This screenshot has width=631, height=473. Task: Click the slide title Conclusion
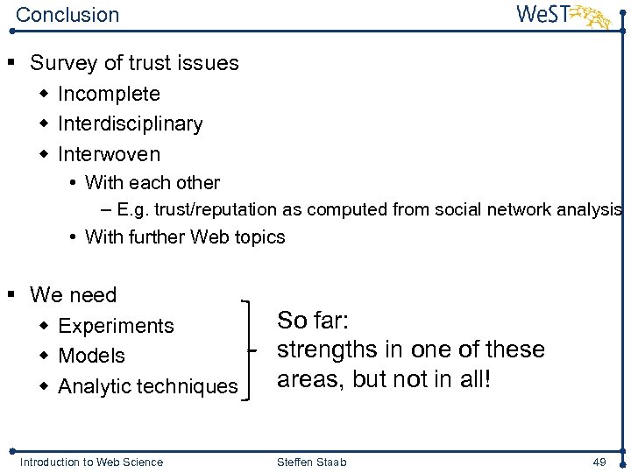coord(67,15)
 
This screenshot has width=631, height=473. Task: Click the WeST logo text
coord(544,14)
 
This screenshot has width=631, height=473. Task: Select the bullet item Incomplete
coord(109,94)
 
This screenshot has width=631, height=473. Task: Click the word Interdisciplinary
coord(130,124)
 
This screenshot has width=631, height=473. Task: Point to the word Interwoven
coord(109,154)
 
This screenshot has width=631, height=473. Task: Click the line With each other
coord(152,183)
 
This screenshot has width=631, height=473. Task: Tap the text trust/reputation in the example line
coord(216,209)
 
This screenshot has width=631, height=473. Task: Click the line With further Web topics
coord(184,236)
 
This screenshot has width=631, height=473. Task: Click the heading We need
coord(73,295)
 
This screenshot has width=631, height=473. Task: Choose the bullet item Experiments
coord(116,326)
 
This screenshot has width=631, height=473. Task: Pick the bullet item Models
coord(91,356)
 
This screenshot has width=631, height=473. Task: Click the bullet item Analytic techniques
coord(147,386)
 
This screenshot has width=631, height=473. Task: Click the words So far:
coord(313,320)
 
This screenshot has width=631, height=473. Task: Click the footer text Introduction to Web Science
coord(91,462)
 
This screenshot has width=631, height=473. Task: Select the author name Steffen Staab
coord(313,462)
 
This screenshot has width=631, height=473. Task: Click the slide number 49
coord(599,462)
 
